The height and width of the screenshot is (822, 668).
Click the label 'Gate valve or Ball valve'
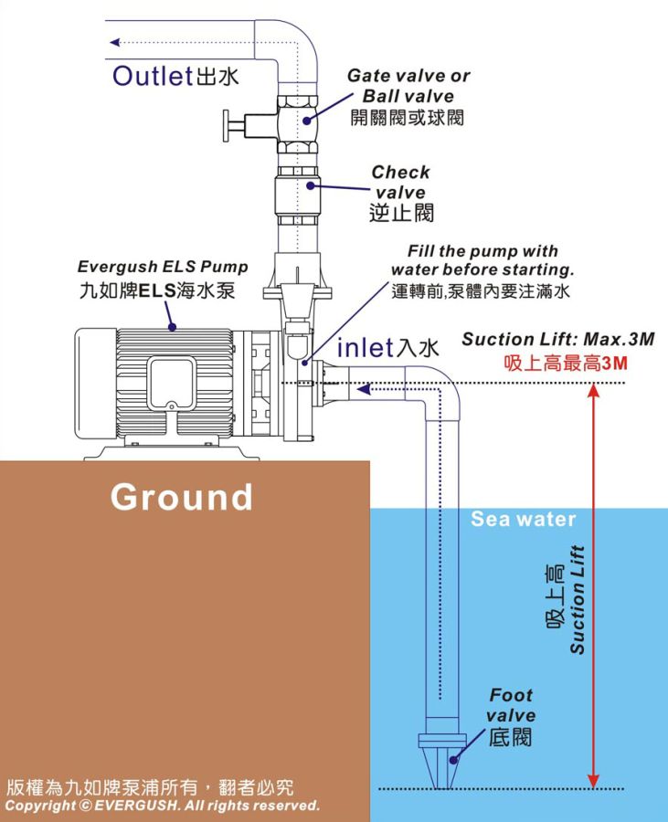click(x=408, y=86)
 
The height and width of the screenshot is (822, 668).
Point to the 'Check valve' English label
click(x=400, y=182)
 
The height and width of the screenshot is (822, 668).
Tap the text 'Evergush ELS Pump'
click(x=163, y=268)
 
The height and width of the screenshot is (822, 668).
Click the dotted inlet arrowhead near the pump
click(x=363, y=390)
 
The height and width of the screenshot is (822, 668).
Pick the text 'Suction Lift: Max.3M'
click(x=557, y=340)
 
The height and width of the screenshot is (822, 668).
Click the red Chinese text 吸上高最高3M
click(x=566, y=363)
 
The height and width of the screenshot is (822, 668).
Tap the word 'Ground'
click(x=182, y=497)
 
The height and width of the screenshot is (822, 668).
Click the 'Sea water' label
click(x=523, y=520)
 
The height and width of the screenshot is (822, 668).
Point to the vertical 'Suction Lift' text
click(x=577, y=599)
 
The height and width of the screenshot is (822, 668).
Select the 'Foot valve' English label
click(x=511, y=705)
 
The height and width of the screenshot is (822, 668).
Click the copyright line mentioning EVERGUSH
click(x=163, y=806)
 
